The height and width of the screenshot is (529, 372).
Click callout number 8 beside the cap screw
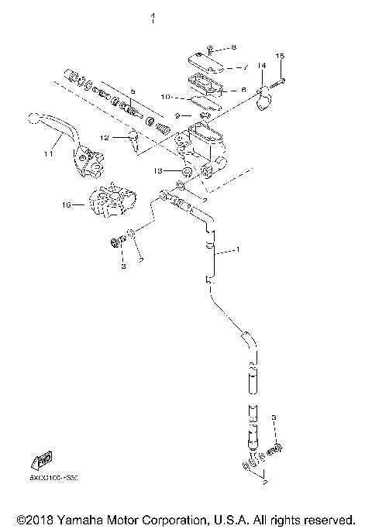click(x=235, y=48)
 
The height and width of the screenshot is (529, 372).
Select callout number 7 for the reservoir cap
click(x=246, y=67)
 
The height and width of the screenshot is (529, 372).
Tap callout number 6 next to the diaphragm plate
click(x=243, y=90)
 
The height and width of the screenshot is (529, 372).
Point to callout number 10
click(x=164, y=97)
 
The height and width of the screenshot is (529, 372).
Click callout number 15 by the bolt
click(x=281, y=56)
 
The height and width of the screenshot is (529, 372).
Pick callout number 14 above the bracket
click(x=262, y=67)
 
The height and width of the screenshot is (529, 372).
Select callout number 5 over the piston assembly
click(x=133, y=91)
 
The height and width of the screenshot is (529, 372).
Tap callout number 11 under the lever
click(x=47, y=155)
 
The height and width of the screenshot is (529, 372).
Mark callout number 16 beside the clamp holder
click(x=67, y=205)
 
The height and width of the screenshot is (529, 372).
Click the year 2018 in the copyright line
click(x=40, y=519)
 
